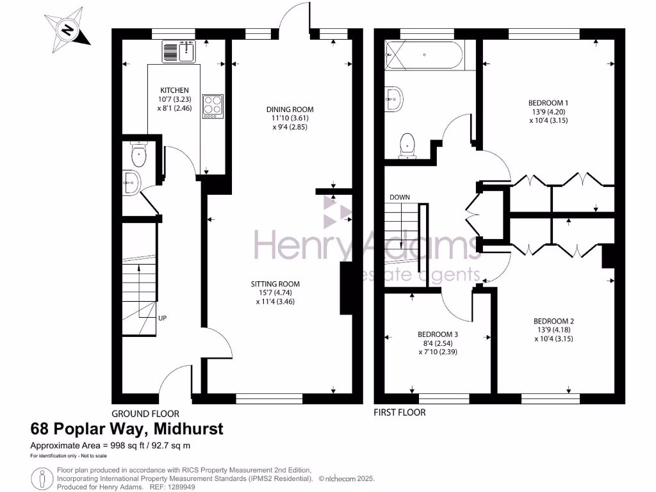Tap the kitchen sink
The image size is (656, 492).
pos(179,51)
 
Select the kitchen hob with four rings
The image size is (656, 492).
pos(212,106)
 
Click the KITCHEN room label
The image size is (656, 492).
pos(174,90)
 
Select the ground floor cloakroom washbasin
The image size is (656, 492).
pos(131,182)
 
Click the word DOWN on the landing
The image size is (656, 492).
pos(399,197)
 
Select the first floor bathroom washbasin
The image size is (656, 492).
pos(393,98)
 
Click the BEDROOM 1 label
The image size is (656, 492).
pos(548,102)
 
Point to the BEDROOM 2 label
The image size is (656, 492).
pos(553,321)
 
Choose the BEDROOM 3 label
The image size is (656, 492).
pos(438,334)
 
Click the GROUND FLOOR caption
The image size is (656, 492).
pos(145,414)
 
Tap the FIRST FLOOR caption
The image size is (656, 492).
pos(400,413)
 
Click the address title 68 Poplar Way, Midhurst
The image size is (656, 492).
pos(127,429)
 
